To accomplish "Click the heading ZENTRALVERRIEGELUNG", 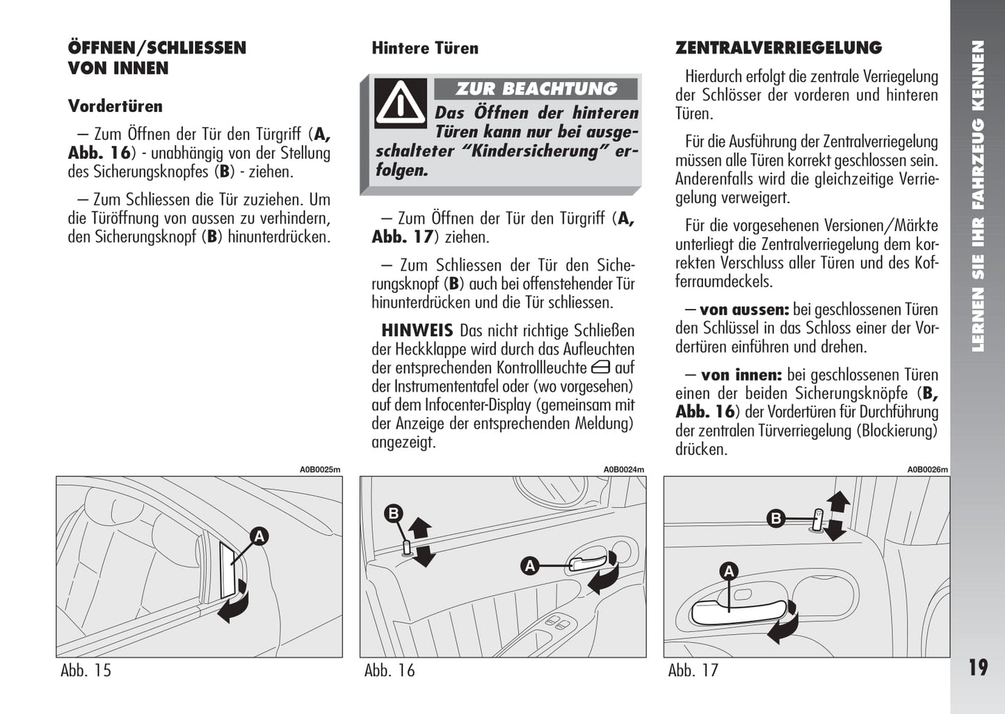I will [x=778, y=48].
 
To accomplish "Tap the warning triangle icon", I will [x=400, y=102].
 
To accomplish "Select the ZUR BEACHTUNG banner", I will [x=536, y=89].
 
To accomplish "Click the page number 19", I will [x=978, y=667].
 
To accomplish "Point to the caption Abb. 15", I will [x=86, y=670].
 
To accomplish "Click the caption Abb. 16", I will [x=389, y=670].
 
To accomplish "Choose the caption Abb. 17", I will [x=693, y=670].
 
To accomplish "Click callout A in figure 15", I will [x=259, y=536].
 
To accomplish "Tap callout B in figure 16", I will [x=394, y=514].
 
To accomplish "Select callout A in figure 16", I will [x=530, y=566].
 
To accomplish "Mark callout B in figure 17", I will [x=775, y=518].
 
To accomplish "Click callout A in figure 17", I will [x=729, y=572].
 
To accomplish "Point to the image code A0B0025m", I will [x=320, y=470].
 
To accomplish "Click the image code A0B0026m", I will [x=927, y=470].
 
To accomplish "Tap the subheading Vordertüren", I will [x=115, y=106].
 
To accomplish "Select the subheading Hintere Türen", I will [x=425, y=48].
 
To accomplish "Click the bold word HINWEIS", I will [x=417, y=331].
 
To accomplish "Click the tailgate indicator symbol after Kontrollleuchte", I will [x=601, y=368].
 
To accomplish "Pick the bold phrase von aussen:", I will [x=744, y=310].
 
